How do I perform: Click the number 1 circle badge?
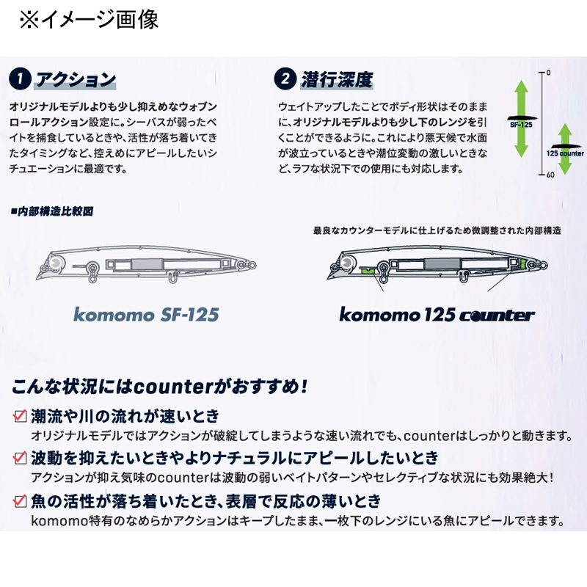20,79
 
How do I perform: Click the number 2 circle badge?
285,79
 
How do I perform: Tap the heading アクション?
76,79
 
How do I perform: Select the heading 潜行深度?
337,79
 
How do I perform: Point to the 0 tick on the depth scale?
548,73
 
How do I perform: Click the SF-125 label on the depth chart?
521,125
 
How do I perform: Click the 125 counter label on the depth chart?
565,153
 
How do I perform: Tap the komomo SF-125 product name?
146,315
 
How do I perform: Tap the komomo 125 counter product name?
437,315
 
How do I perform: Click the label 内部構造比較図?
52,211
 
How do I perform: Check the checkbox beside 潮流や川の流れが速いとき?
20,416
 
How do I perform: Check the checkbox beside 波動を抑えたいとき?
20,457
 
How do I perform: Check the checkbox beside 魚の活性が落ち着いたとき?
20,501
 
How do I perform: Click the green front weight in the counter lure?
368,269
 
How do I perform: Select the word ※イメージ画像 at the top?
89,20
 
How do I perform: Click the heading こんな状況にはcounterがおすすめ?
160,387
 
